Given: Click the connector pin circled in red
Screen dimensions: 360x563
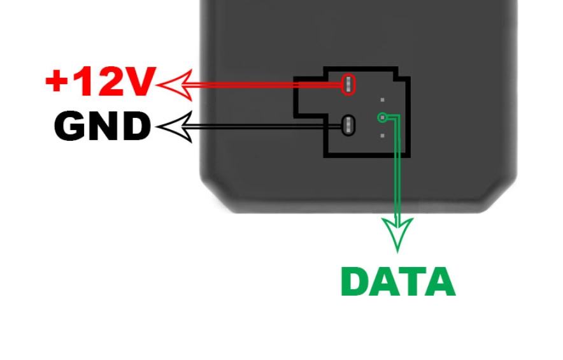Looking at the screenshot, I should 348,84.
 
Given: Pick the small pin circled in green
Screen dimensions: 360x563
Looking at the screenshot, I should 382,117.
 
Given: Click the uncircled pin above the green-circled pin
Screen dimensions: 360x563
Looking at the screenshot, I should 382,100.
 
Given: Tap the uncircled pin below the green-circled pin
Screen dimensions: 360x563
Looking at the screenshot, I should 382,135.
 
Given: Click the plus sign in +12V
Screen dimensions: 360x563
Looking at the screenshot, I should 57,82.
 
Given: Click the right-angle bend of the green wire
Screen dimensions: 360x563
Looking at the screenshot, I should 398,117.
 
